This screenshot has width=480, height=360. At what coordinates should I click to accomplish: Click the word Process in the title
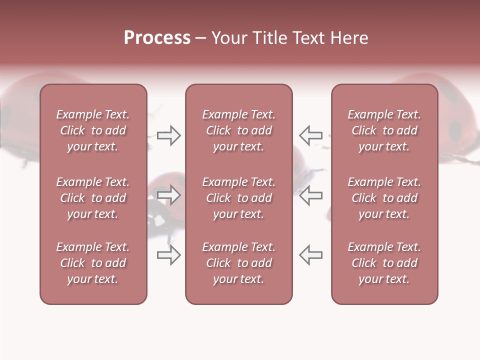157,38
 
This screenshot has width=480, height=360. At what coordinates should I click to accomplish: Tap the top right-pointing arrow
168,135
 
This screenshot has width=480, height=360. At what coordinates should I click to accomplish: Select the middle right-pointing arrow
168,195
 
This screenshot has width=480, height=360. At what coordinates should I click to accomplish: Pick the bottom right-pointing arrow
168,255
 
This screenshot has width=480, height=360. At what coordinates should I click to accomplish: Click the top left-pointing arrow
310,135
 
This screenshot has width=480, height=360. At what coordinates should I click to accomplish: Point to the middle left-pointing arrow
310,195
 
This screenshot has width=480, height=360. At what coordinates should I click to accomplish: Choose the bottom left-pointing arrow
310,255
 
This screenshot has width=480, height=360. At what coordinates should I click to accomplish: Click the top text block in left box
93,130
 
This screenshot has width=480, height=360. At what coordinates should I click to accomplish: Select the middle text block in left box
93,198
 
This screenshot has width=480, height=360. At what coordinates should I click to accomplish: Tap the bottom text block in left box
93,263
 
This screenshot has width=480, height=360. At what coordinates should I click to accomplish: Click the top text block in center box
238,130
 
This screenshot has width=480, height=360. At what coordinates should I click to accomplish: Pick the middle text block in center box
238,198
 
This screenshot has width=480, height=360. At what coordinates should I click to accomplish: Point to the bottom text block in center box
238,263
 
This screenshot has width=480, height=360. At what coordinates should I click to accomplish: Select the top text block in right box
384,130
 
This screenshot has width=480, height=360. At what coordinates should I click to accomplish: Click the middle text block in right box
384,198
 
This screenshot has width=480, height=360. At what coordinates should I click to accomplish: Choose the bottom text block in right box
384,263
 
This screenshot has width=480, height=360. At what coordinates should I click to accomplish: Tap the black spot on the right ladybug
455,130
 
